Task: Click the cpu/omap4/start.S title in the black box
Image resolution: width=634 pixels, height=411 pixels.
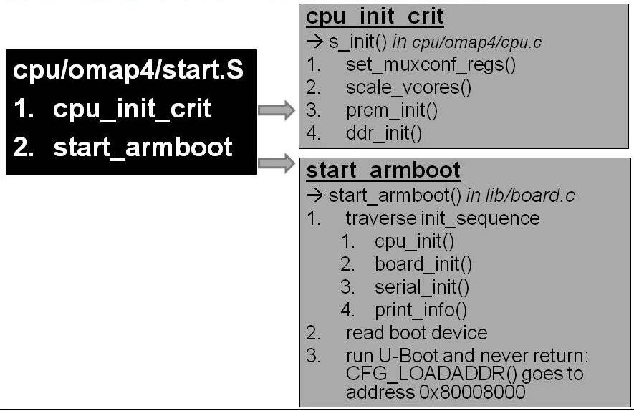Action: [x=128, y=71]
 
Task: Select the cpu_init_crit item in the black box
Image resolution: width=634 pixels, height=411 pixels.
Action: [x=132, y=109]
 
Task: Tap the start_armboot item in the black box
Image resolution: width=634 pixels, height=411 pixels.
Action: [x=143, y=146]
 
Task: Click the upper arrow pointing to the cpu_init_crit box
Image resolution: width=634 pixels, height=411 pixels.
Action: [x=276, y=110]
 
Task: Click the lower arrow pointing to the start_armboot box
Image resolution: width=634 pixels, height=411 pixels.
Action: [x=276, y=163]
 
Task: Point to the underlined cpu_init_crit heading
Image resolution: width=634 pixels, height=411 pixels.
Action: [x=375, y=17]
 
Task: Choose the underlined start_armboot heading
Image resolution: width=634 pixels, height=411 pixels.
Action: [x=383, y=171]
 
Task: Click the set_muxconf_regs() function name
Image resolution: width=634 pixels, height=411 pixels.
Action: [x=430, y=65]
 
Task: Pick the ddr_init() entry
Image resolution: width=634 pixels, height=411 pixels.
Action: [x=384, y=132]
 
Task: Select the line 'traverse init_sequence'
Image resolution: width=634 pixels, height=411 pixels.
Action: [x=443, y=218]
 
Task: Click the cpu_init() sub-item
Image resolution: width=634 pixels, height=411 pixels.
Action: [x=414, y=241]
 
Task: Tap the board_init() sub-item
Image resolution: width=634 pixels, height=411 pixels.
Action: [x=423, y=264]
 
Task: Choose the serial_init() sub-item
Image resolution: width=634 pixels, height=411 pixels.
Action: [x=421, y=287]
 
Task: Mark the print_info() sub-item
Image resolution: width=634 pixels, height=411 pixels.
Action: [x=421, y=310]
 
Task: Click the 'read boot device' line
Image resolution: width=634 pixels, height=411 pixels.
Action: [x=416, y=333]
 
